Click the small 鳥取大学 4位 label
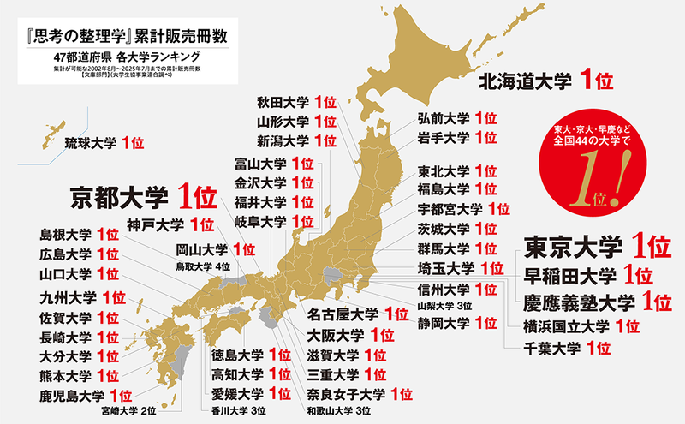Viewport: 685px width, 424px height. (203, 267)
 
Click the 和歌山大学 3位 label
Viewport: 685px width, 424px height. (338, 411)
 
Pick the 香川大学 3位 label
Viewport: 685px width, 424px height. (240, 411)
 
